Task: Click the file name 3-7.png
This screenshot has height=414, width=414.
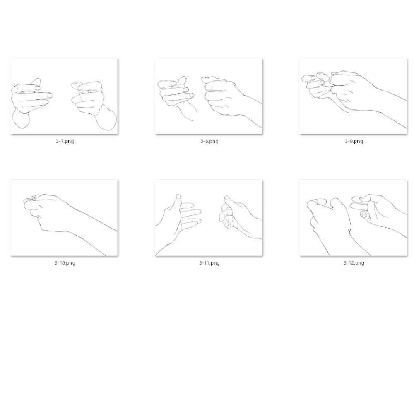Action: (65, 141)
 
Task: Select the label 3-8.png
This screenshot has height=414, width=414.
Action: (209, 141)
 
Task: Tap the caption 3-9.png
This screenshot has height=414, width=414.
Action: (354, 141)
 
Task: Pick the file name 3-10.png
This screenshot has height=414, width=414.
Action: (65, 263)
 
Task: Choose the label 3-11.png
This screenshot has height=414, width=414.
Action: (209, 263)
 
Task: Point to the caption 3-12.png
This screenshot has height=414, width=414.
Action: (354, 263)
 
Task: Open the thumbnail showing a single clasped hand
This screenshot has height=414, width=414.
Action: (64, 218)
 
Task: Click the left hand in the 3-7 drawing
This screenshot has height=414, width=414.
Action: (29, 102)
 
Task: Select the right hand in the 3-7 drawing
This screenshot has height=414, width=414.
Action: (92, 103)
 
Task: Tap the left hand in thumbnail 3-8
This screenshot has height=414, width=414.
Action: (177, 96)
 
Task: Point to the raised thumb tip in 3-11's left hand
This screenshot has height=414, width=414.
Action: (178, 197)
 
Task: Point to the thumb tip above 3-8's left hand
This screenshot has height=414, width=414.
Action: (182, 80)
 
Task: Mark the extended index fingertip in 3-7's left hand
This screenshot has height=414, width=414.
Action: (49, 95)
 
